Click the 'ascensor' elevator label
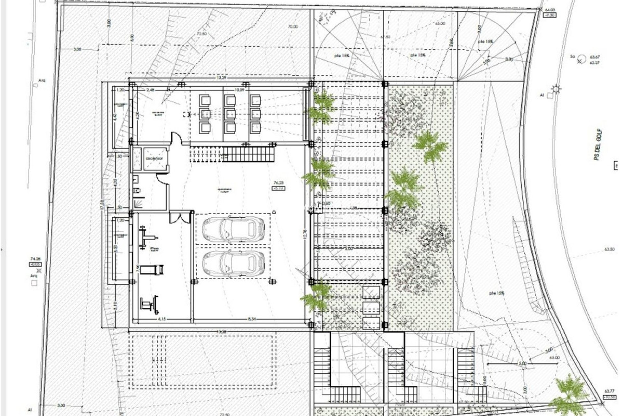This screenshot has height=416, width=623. pos(154,159)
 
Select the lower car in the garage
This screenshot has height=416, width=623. pos(233,264)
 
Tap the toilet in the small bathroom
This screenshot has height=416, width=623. pos(136,191)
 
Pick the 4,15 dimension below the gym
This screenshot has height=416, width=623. pos(162,319)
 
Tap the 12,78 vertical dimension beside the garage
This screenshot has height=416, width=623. pos(305,235)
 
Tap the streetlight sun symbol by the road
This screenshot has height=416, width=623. pos(557,88)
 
